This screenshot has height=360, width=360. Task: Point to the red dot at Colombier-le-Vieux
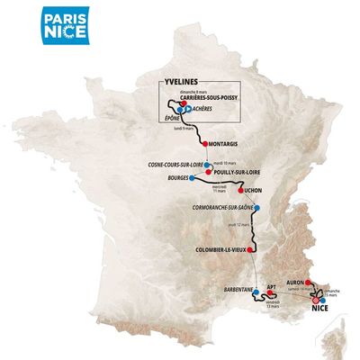click(253, 249)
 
